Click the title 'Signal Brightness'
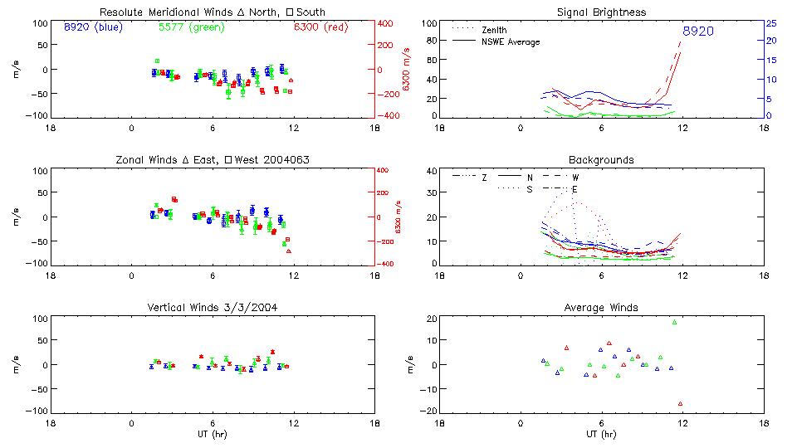point(601,12)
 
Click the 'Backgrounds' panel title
point(601,159)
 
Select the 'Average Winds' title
point(601,307)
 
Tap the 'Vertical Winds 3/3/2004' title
point(213,307)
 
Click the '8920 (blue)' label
point(92,27)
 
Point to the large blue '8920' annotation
point(697,32)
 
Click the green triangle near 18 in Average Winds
point(674,323)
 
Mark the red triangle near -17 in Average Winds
point(680,404)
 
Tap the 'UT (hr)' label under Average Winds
point(601,434)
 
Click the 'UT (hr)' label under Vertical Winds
point(213,434)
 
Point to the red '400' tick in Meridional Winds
point(385,23)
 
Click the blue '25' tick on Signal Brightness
point(771,23)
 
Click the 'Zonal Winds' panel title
point(213,159)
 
